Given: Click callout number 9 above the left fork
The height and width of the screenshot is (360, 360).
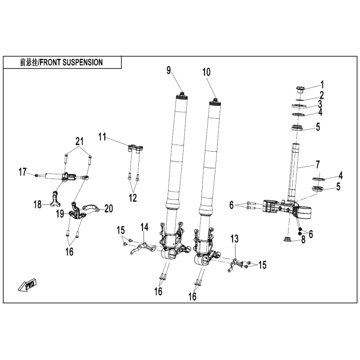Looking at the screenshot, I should (169, 70).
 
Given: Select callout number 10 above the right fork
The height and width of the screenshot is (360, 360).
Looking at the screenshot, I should (206, 73).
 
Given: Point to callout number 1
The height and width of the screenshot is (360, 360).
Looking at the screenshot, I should (322, 84).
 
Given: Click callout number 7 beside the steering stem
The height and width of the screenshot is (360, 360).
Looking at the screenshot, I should (317, 165).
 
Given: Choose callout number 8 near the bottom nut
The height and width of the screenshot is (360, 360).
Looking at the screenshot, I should (303, 239).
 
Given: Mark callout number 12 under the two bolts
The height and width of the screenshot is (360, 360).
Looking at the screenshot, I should (133, 197).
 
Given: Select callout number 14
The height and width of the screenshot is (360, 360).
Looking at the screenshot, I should (144, 227).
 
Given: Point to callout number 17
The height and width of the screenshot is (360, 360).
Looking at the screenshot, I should (23, 171).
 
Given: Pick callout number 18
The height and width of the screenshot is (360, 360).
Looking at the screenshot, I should (38, 205).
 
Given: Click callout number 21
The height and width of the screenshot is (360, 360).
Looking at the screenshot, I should (79, 141).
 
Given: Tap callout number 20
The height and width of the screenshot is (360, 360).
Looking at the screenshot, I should (108, 209).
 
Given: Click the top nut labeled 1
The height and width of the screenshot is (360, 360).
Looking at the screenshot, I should (300, 88).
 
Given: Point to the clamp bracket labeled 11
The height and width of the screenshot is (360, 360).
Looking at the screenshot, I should (135, 149).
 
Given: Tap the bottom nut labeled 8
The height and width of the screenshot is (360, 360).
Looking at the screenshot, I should (288, 238).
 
